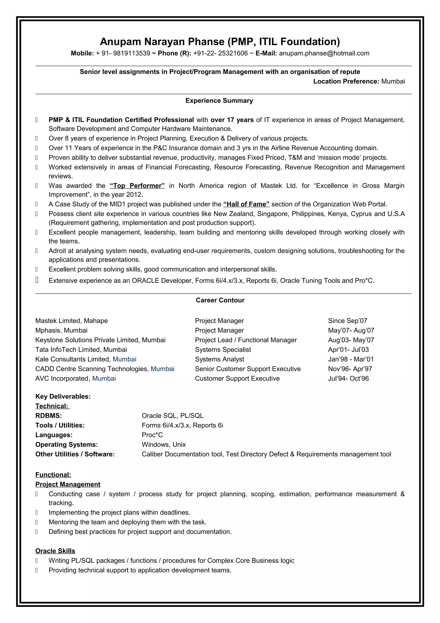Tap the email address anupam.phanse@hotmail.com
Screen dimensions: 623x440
pos(324,53)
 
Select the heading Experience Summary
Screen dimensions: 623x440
pos(219,101)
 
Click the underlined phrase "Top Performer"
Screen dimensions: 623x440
pos(137,186)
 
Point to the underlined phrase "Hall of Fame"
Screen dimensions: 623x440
pos(246,204)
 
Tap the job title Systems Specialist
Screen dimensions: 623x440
pos(223,350)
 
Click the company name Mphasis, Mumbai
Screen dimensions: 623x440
pos(61,330)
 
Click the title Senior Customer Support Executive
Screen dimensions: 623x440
pos(247,369)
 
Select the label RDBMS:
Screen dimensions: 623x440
pos(49,416)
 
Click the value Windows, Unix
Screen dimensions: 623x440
pos(163,444)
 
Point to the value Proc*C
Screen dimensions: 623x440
pos(152,435)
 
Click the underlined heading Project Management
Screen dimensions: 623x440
pos(68,484)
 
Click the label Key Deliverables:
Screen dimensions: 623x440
pos(63,396)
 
